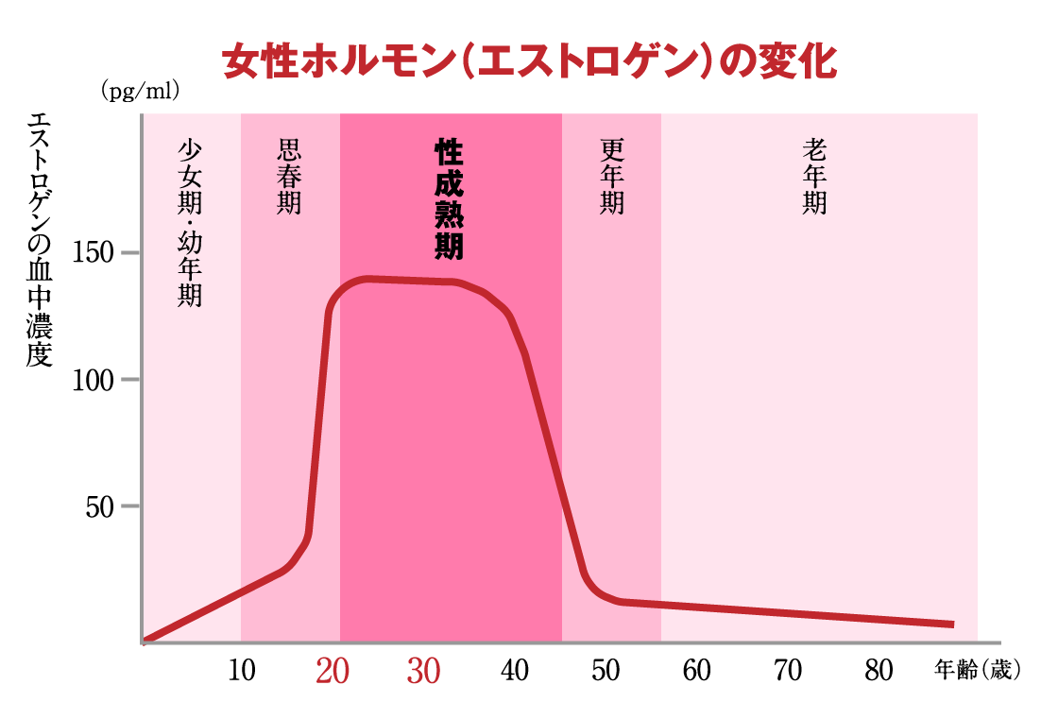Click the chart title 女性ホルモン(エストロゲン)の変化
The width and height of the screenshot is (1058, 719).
coord(529,63)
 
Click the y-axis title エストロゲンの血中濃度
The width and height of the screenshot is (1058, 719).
coord(39,240)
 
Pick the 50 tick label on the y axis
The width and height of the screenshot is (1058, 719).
coord(100,506)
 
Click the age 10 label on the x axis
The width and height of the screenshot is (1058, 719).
coord(242,671)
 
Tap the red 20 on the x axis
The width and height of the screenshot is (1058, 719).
coord(333,671)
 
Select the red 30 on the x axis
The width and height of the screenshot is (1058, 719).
coord(424,671)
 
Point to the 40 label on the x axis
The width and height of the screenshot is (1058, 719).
coord(515,671)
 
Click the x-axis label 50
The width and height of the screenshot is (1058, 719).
coord(606,671)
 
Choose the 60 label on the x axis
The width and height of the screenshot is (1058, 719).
coord(697,671)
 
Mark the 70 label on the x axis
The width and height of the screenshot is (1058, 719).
coord(788,671)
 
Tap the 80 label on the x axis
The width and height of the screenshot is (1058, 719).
coord(879,671)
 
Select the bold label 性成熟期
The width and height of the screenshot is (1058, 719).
coord(449,199)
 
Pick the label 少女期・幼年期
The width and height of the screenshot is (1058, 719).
coord(190,223)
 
